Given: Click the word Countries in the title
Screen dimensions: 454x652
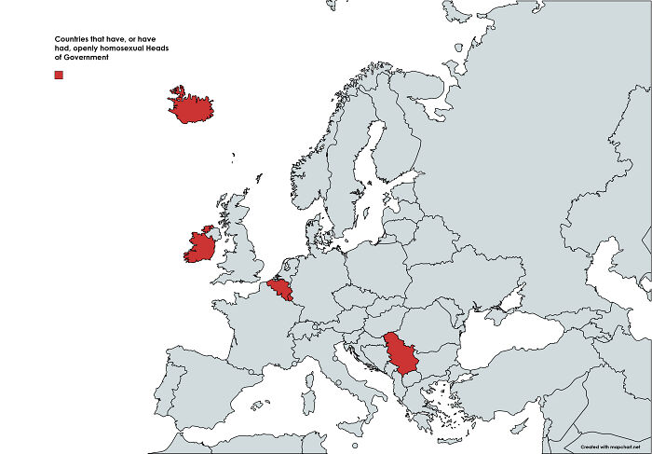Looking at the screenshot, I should pyautogui.click(x=72, y=38).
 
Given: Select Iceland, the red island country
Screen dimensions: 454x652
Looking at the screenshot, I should pyautogui.click(x=191, y=106).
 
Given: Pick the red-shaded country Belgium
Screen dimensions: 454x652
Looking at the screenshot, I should pyautogui.click(x=280, y=292).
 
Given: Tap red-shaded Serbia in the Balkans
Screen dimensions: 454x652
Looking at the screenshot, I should pyautogui.click(x=401, y=351).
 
